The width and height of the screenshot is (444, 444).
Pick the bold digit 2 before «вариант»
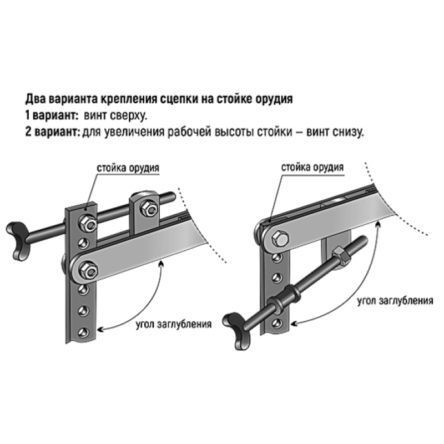point(28,132)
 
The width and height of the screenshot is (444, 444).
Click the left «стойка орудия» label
point(128,168)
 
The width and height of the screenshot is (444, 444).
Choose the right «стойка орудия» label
point(312,167)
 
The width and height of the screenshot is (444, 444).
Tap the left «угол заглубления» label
point(174,324)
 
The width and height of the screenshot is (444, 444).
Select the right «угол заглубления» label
point(395,300)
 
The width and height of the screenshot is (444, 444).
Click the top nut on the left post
point(88,223)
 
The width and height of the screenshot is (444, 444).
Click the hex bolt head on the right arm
point(280,239)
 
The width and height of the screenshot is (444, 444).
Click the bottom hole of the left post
point(83,332)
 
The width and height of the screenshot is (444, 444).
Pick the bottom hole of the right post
point(277,323)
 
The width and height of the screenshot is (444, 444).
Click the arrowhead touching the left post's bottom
point(100,329)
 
